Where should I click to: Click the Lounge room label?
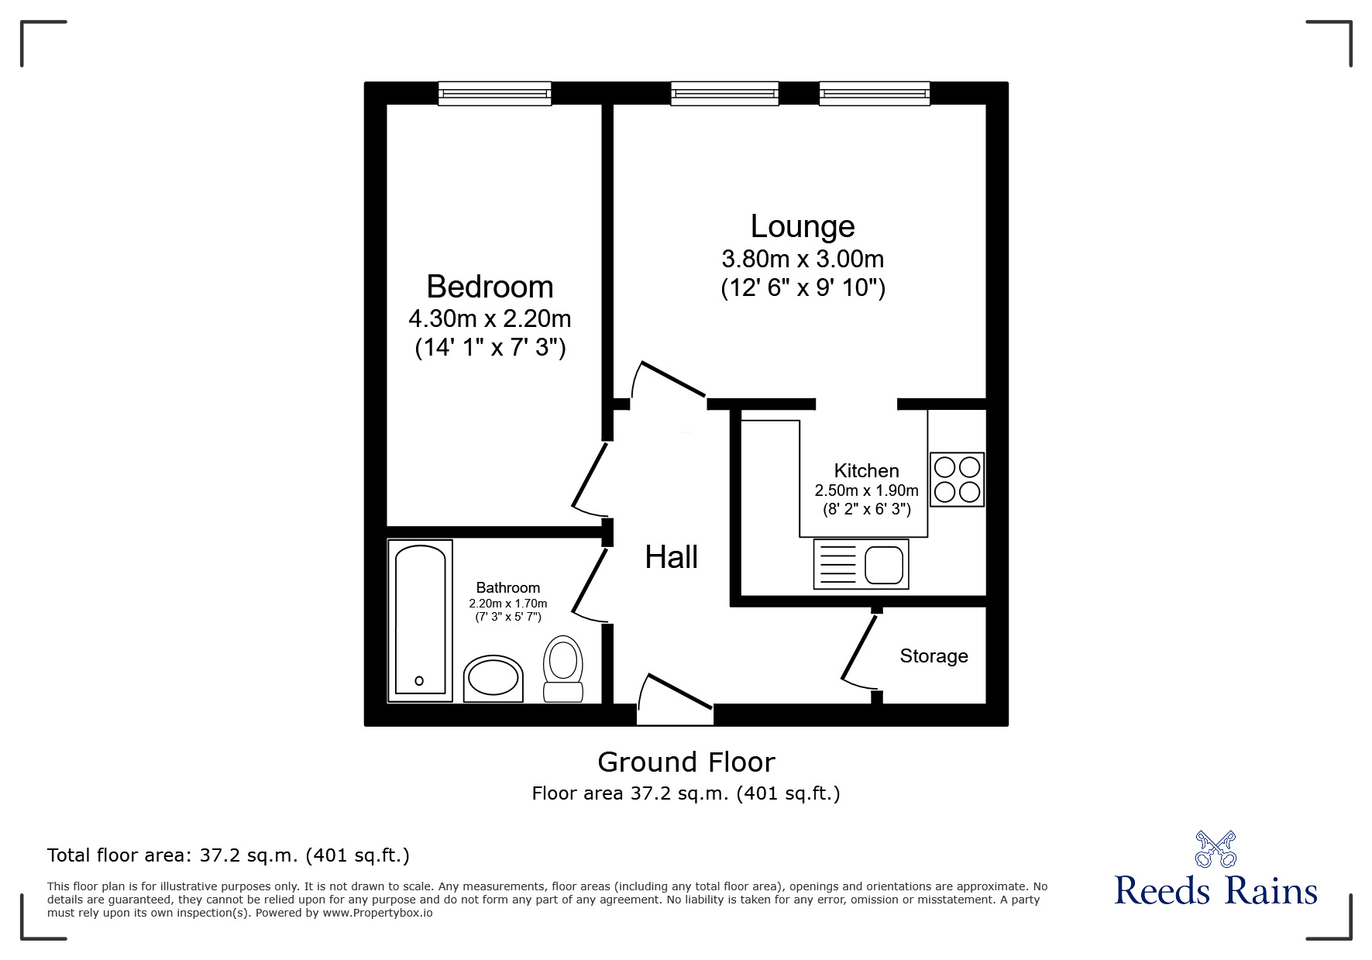click(x=803, y=226)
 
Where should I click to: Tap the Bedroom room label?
click(x=490, y=287)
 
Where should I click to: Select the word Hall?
click(x=672, y=557)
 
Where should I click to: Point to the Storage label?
click(x=934, y=656)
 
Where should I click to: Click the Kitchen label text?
click(x=866, y=470)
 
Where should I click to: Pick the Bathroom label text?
click(x=508, y=588)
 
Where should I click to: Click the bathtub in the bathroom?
click(x=420, y=621)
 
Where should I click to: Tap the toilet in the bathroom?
click(x=564, y=669)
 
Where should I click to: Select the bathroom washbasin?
click(x=493, y=680)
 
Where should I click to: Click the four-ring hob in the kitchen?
click(x=958, y=480)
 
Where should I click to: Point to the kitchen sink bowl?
click(x=884, y=565)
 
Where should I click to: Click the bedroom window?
click(x=494, y=94)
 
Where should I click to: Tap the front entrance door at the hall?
click(x=676, y=698)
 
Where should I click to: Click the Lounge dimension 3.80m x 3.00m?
click(x=803, y=259)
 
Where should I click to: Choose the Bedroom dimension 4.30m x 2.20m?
click(x=490, y=318)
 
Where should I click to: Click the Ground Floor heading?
click(x=686, y=762)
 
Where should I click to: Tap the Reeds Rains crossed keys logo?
click(x=1216, y=849)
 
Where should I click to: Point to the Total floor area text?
click(x=229, y=855)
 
